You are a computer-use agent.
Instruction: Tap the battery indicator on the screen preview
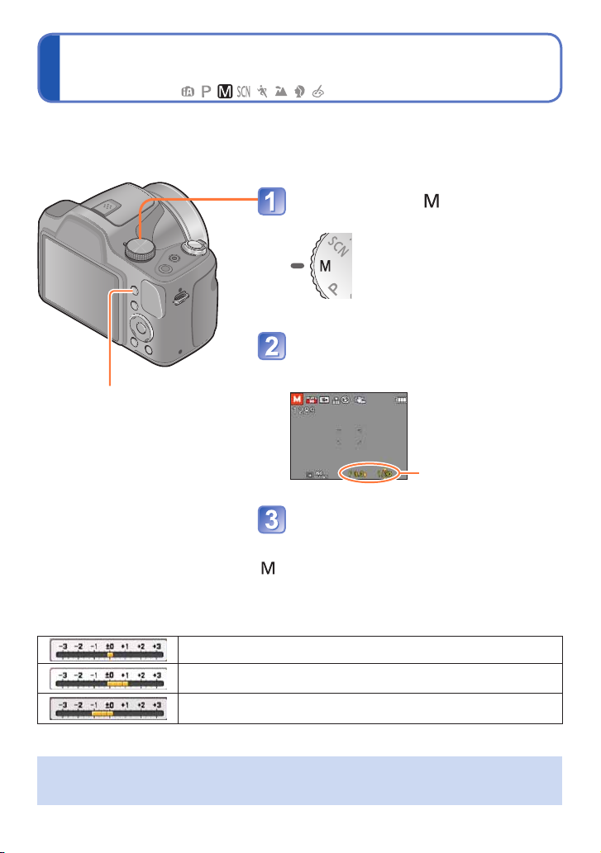[x=402, y=400]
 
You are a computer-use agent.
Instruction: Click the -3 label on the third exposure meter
[x=61, y=702]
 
